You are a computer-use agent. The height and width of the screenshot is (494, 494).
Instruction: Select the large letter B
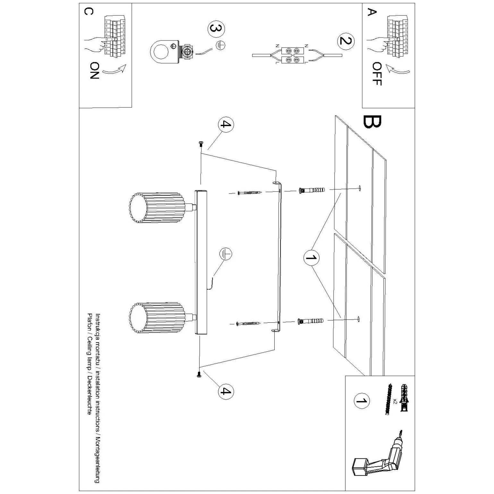372,122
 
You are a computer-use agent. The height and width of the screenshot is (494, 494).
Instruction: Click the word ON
95,71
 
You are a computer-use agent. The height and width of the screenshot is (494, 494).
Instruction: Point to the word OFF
377,74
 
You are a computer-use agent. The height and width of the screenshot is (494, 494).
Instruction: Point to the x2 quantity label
395,401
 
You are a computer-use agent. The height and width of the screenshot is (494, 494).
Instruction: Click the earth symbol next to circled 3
220,46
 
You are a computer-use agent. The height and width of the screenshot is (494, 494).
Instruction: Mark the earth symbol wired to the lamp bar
226,254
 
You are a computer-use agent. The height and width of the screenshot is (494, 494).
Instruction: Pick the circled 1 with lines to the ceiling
311,257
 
